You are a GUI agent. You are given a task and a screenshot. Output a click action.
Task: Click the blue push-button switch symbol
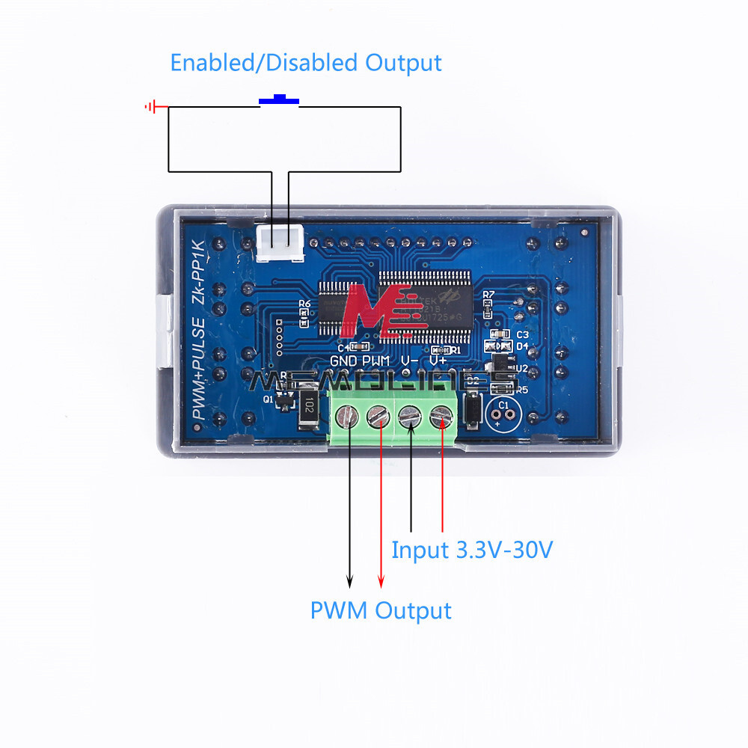click(x=279, y=99)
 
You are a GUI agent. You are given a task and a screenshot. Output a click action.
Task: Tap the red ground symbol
click(x=152, y=107)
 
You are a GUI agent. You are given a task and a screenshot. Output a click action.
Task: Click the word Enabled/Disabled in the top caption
click(x=264, y=62)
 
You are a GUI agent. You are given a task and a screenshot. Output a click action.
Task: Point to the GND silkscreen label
click(x=344, y=361)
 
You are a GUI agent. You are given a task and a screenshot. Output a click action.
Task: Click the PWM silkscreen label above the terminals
click(x=376, y=361)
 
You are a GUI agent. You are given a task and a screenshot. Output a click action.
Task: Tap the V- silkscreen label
click(x=409, y=361)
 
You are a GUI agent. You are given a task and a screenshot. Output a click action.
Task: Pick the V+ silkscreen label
click(x=438, y=361)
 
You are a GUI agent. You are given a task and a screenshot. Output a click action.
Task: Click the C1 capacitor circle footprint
click(x=502, y=411)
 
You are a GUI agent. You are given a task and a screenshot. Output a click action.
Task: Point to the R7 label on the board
click(x=489, y=295)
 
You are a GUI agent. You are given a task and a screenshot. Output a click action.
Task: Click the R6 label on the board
click(x=304, y=304)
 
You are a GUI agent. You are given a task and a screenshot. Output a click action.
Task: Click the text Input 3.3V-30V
click(x=472, y=551)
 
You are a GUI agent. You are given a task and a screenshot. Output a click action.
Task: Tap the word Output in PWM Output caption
click(x=414, y=610)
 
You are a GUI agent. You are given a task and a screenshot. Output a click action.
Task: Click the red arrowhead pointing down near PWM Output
click(x=381, y=581)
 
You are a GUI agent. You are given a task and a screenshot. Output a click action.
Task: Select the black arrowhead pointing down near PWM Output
click(x=349, y=581)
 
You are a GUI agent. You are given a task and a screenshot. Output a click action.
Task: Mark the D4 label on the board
click(x=523, y=346)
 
